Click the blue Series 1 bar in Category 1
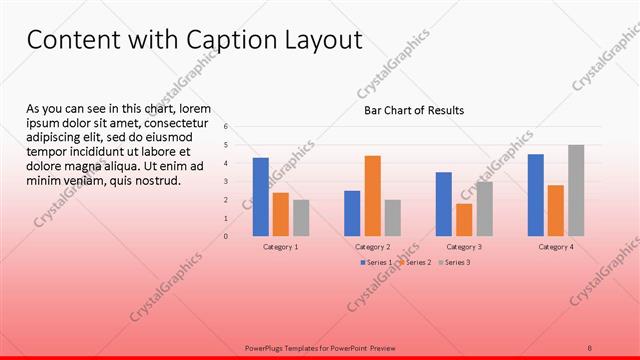pos(260,197)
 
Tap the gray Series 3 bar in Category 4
pos(576,190)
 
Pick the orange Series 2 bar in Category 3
pos(464,220)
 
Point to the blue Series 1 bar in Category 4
pos(536,195)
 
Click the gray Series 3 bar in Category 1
pos(301,218)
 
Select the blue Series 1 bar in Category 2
pos(352,213)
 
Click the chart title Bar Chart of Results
pos(413,111)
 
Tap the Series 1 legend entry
pos(376,262)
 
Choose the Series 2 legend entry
pos(415,262)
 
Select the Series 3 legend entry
pos(454,262)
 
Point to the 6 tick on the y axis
pos(227,127)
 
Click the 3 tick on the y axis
pos(227,182)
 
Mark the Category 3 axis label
pos(464,246)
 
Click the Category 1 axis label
pos(280,246)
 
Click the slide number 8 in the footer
pos(589,348)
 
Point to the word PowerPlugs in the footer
pos(264,348)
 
